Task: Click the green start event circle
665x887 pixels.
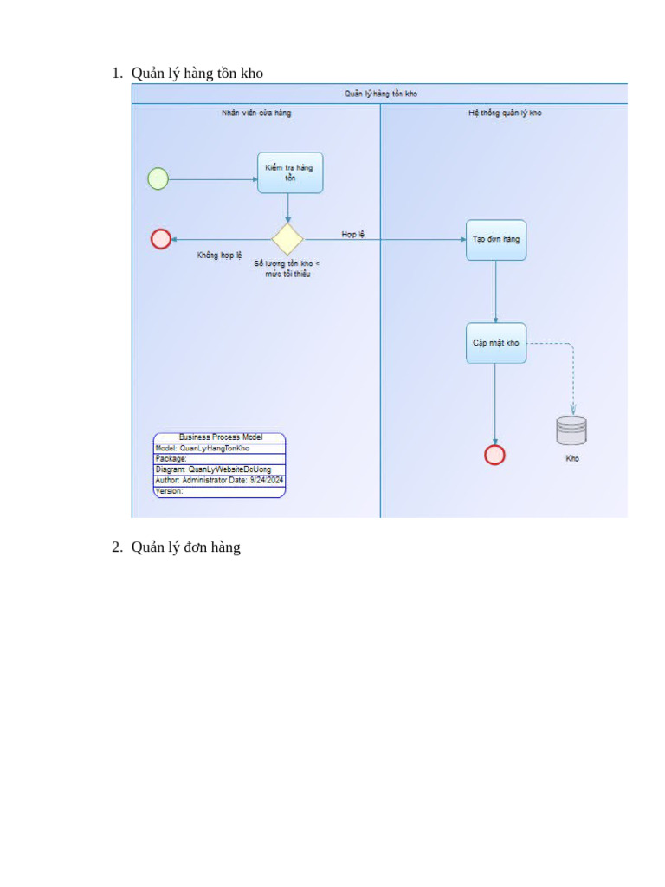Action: [158, 179]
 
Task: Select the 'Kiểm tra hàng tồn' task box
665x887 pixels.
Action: [289, 172]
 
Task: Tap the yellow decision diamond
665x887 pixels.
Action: [287, 238]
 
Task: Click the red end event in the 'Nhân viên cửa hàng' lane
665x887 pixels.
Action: [161, 238]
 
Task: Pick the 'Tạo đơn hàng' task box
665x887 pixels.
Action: [496, 240]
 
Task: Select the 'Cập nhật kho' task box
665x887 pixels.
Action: [496, 343]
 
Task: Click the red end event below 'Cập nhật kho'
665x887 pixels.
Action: [494, 455]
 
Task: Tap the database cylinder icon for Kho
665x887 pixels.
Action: [571, 431]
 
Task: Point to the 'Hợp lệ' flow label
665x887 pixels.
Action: [352, 234]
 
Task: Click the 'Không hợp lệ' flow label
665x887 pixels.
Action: [219, 256]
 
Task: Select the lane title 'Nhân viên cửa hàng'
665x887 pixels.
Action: [256, 113]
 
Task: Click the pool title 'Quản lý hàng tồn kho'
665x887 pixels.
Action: [380, 94]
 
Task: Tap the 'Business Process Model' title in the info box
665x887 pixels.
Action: [220, 437]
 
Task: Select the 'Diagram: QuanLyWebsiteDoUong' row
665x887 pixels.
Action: [213, 469]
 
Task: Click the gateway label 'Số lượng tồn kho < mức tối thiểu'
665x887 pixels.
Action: [287, 269]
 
